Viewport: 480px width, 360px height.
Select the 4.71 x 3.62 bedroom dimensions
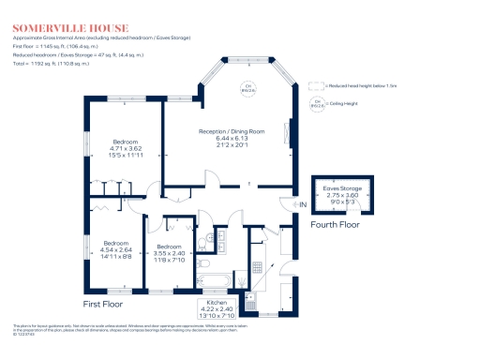click(125, 149)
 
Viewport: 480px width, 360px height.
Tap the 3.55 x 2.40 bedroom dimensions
click(175, 252)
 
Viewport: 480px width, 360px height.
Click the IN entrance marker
click(302, 204)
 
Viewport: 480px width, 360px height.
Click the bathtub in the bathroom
click(216, 278)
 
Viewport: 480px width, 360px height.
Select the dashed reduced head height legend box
click(316, 84)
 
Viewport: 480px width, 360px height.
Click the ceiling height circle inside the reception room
click(248, 88)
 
